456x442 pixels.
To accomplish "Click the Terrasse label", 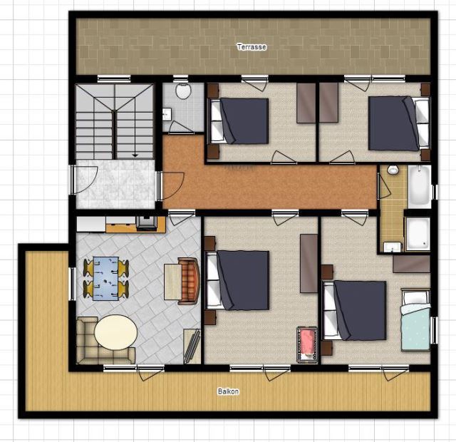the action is (252, 47).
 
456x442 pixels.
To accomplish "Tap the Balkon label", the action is (228, 391).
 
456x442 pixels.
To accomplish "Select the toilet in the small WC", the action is (183, 91).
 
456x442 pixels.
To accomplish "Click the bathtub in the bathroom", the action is (419, 186).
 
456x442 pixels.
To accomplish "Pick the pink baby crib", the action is (307, 344).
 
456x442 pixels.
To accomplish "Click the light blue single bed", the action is (415, 319).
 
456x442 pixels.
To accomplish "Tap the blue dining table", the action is (106, 278).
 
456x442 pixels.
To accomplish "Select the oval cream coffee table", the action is (115, 332).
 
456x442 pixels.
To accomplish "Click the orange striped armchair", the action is (189, 281).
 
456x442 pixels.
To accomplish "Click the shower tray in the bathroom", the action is (418, 234).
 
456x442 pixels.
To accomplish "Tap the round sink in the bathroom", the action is (393, 170).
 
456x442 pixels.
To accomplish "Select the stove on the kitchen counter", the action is (147, 224).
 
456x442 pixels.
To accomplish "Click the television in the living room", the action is (192, 346).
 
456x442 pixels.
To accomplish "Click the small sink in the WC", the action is (167, 114).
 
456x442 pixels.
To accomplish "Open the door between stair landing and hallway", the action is (171, 186).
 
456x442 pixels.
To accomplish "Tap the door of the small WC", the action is (180, 128).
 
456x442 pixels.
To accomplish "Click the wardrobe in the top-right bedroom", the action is (329, 103).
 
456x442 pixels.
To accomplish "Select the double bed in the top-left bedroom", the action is (239, 120).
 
